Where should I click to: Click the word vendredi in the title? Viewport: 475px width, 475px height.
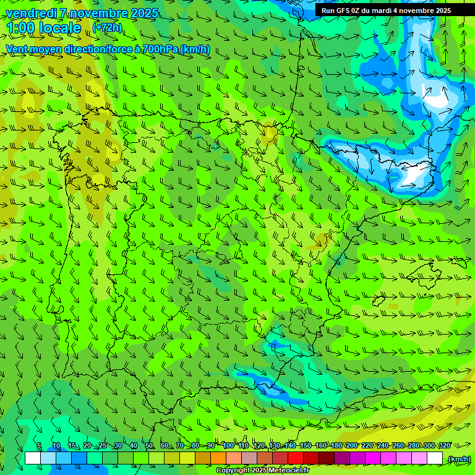[30, 13]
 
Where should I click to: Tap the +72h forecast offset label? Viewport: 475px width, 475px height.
[108, 28]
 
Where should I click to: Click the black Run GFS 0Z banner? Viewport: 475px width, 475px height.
[386, 11]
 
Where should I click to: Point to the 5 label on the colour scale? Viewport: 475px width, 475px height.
[39, 446]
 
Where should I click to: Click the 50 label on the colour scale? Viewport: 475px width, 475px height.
[148, 446]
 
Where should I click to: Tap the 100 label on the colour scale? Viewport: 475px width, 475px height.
[228, 446]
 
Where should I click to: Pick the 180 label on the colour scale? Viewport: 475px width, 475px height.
[336, 446]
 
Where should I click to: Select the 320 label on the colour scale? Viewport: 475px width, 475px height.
[444, 446]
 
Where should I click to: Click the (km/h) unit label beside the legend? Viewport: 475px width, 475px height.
[459, 459]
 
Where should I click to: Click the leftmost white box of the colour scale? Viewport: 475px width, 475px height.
[33, 458]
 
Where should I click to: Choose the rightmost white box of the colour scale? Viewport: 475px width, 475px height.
[435, 458]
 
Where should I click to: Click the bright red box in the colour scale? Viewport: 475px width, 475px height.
[296, 458]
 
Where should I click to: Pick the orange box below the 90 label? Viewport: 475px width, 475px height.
[218, 458]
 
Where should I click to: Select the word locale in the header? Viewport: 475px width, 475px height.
[60, 28]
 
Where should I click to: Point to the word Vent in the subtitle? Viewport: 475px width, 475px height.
[18, 49]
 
